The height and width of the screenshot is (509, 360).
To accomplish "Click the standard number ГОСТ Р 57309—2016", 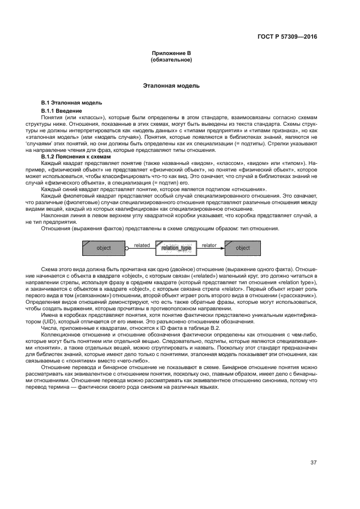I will (x=287, y=36).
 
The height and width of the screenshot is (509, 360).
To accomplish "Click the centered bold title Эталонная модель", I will (x=171, y=86).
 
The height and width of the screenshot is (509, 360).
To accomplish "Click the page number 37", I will (x=313, y=463).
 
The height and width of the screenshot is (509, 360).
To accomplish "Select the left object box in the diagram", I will (x=103, y=248).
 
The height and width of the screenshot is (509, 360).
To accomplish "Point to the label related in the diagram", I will (x=142, y=245).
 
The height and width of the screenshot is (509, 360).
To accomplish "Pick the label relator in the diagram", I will (x=209, y=245).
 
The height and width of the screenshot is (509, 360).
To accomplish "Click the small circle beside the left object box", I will (x=127, y=248).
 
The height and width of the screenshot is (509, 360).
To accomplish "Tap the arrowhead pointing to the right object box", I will (x=219, y=248).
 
